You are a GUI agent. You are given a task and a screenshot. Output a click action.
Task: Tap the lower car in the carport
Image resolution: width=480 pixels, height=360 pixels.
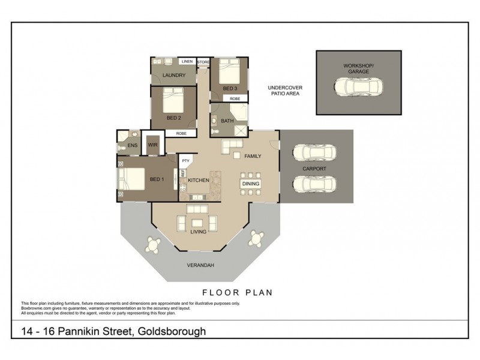pos(314,184)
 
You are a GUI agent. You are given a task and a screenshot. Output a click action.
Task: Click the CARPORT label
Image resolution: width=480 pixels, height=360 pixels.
pos(314,169)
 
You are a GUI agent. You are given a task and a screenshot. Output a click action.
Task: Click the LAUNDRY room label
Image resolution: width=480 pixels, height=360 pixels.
pos(173,75)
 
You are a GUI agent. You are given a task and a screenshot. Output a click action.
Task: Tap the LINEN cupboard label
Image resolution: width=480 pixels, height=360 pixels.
pos(187,61)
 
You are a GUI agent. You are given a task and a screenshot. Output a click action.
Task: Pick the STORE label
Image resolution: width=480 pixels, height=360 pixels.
pos(203,61)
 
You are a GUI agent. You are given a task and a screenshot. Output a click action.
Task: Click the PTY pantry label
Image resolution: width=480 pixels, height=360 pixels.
pos(185,161)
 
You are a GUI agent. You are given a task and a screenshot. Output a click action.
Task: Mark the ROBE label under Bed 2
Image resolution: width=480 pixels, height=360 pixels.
pos(181,134)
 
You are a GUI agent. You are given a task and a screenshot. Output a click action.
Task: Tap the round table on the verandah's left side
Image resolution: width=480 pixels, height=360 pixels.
pos(154,245)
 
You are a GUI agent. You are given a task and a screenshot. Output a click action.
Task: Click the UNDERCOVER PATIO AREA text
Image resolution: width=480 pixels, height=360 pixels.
pos(284,91)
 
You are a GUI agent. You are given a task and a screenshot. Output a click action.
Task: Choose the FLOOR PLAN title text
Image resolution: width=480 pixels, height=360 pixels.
pos(237,293)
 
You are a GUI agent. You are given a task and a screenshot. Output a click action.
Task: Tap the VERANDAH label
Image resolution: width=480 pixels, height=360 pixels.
pos(201,265)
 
